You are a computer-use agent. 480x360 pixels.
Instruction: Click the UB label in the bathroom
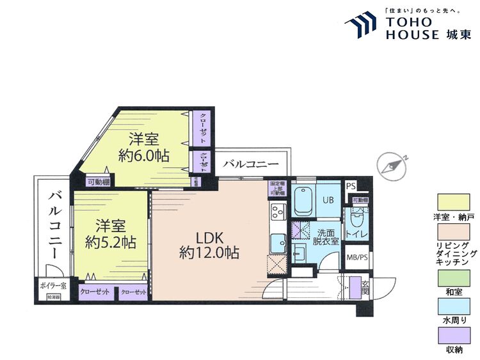point(328,200)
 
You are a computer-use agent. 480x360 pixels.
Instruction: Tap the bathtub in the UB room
point(302,201)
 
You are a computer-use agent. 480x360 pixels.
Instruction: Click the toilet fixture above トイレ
point(358,219)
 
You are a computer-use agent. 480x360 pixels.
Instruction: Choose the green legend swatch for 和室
point(453,277)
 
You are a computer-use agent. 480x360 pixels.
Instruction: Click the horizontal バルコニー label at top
point(251,164)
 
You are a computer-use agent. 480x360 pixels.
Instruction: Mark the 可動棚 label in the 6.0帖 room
point(97,181)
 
